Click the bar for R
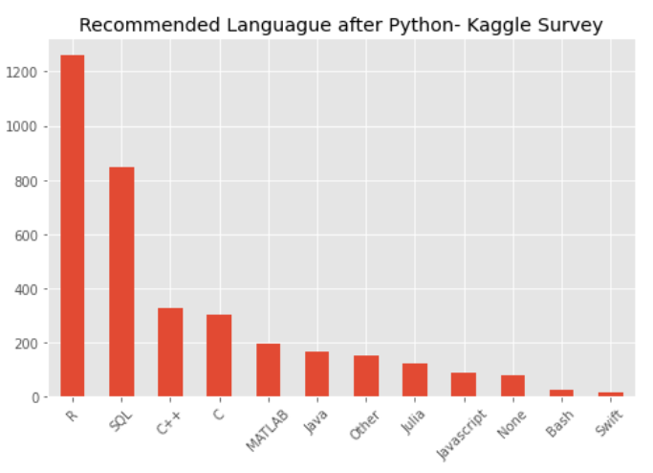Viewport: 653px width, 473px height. [x=72, y=226]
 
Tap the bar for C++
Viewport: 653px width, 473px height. [x=170, y=352]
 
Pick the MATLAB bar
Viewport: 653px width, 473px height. [x=268, y=371]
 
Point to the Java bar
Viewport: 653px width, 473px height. [x=316, y=374]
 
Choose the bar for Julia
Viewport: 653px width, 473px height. [x=415, y=380]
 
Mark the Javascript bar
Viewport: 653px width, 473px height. [x=464, y=385]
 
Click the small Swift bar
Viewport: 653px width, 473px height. [x=610, y=394]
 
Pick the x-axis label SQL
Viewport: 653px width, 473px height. [x=120, y=420]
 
